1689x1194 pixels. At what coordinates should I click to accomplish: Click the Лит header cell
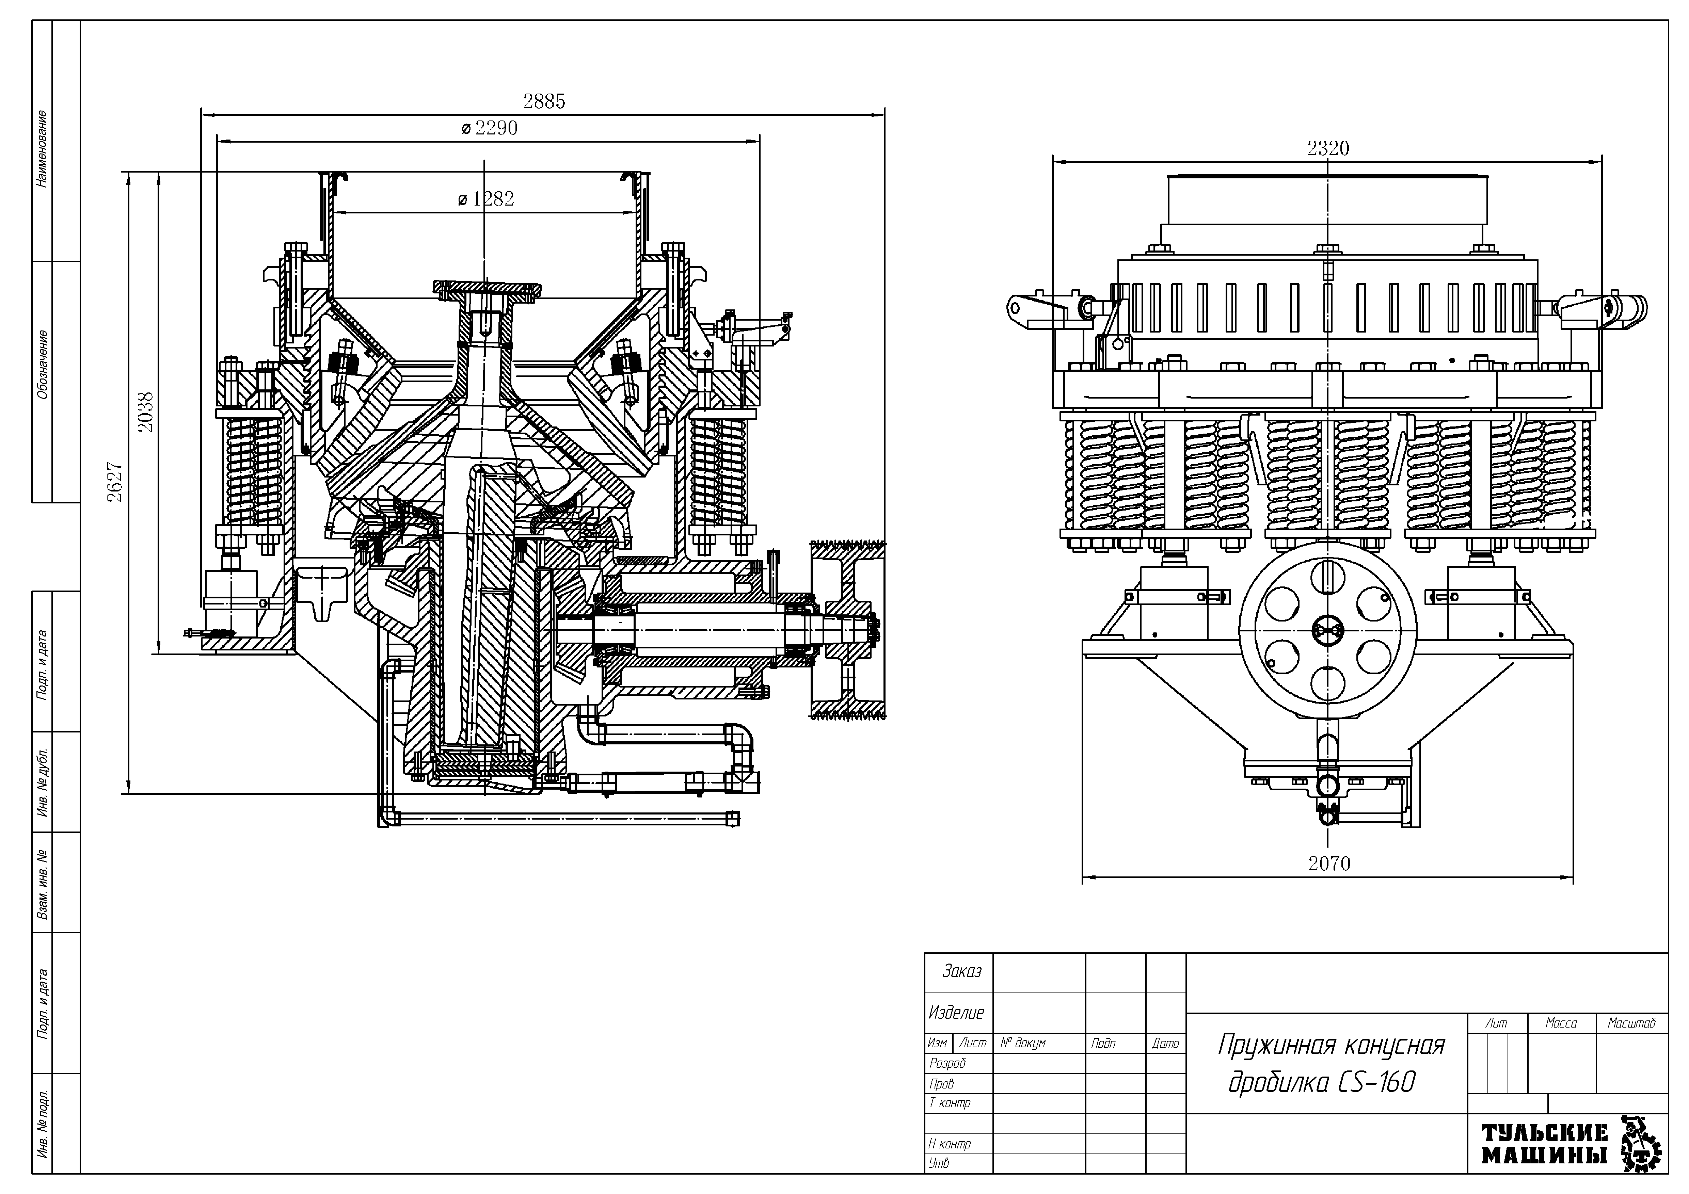1496,1023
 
